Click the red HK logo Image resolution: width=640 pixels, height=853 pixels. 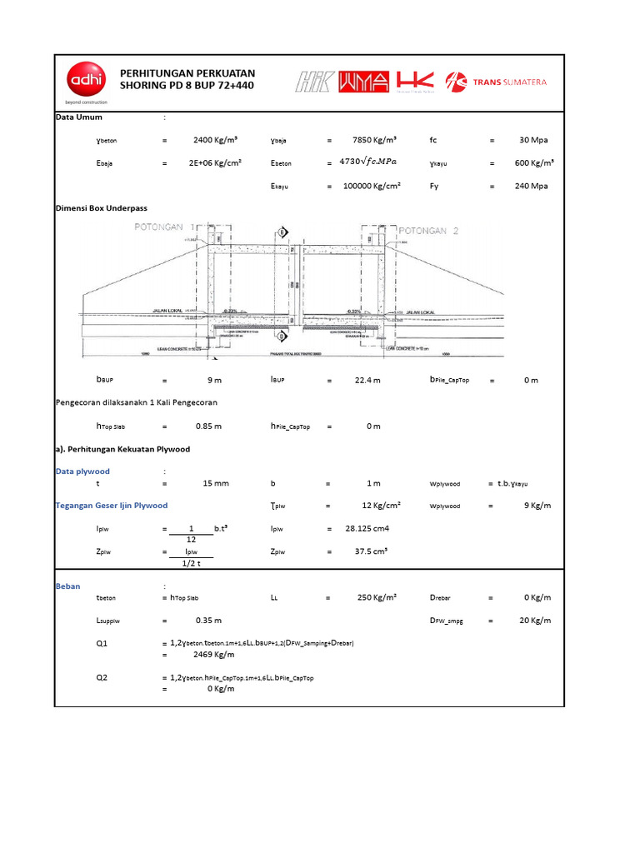click(416, 80)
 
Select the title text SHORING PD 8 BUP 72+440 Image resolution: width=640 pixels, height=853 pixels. click(187, 87)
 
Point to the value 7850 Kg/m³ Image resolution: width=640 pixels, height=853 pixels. click(374, 140)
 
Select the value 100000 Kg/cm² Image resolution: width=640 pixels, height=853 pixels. click(372, 186)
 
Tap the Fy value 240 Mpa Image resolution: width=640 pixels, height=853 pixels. click(531, 186)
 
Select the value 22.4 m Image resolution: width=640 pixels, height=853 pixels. click(367, 380)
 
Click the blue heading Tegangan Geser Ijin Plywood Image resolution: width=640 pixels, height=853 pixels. click(112, 506)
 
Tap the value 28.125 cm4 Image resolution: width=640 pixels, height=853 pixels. click(367, 528)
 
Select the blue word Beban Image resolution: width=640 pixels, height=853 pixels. click(67, 586)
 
